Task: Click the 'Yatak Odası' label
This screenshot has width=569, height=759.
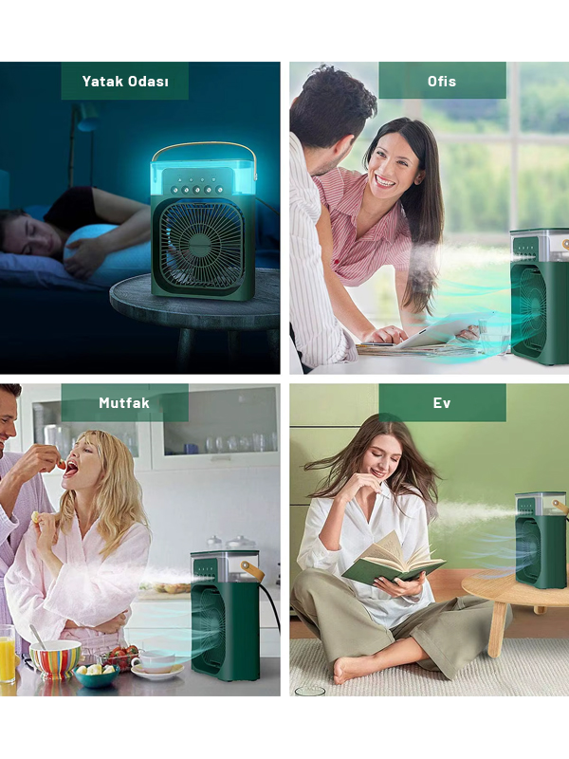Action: (x=125, y=82)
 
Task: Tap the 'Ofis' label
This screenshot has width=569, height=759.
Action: (x=442, y=81)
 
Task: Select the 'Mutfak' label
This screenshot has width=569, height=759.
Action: (x=124, y=402)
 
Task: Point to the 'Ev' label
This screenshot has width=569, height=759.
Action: (x=442, y=402)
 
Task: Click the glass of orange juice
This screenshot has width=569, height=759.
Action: (x=7, y=654)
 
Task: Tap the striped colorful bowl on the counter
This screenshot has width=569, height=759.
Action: (x=56, y=659)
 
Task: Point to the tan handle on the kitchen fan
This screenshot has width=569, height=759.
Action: (x=252, y=571)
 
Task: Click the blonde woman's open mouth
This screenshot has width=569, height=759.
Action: (x=70, y=468)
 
